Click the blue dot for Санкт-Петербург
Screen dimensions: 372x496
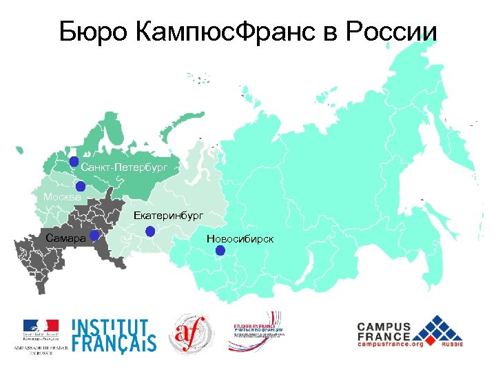point(74,162)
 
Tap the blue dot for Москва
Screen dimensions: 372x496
point(81,186)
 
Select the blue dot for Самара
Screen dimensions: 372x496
point(94,235)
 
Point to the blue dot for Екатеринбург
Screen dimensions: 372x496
point(150,232)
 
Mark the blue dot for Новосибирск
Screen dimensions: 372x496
point(220,250)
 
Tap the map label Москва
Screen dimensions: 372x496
point(61,198)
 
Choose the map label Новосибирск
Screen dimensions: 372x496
point(240,238)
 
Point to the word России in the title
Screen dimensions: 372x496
point(392,31)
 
